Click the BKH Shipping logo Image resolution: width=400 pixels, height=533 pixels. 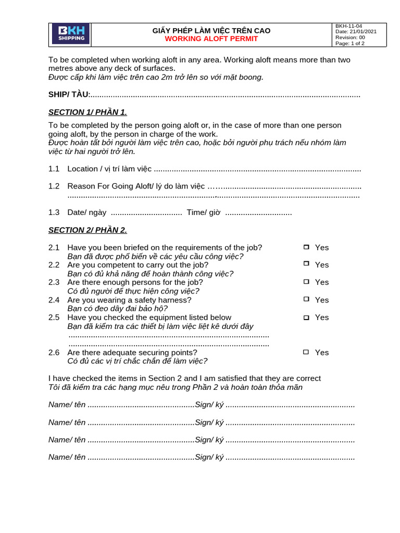[70, 34]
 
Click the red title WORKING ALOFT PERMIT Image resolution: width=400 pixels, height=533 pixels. [211, 39]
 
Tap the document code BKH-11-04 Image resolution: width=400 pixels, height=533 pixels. [349, 26]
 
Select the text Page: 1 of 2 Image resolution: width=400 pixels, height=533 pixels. [350, 43]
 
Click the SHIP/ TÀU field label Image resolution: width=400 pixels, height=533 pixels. [69, 94]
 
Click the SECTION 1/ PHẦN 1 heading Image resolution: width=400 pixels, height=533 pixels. [87, 112]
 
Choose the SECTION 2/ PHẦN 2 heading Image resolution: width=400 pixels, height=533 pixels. [87, 230]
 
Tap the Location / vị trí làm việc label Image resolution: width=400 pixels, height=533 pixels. [109, 169]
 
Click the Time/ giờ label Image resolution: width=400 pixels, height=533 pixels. [204, 212]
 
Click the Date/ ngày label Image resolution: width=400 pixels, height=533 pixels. [87, 212]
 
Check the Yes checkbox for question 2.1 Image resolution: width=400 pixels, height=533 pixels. [306, 247]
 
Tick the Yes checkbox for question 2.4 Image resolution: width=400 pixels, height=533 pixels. [306, 299]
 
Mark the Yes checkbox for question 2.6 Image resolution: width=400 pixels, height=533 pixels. [306, 352]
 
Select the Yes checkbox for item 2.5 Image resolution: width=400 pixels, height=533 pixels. [306, 317]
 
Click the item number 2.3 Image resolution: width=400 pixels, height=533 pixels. [54, 282]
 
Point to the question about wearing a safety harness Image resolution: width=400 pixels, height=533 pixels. [129, 300]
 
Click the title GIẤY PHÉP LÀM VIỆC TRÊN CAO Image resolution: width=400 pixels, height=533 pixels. [211, 31]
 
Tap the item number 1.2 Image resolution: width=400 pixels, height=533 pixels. [54, 186]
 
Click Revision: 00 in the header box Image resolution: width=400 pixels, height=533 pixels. [350, 37]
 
